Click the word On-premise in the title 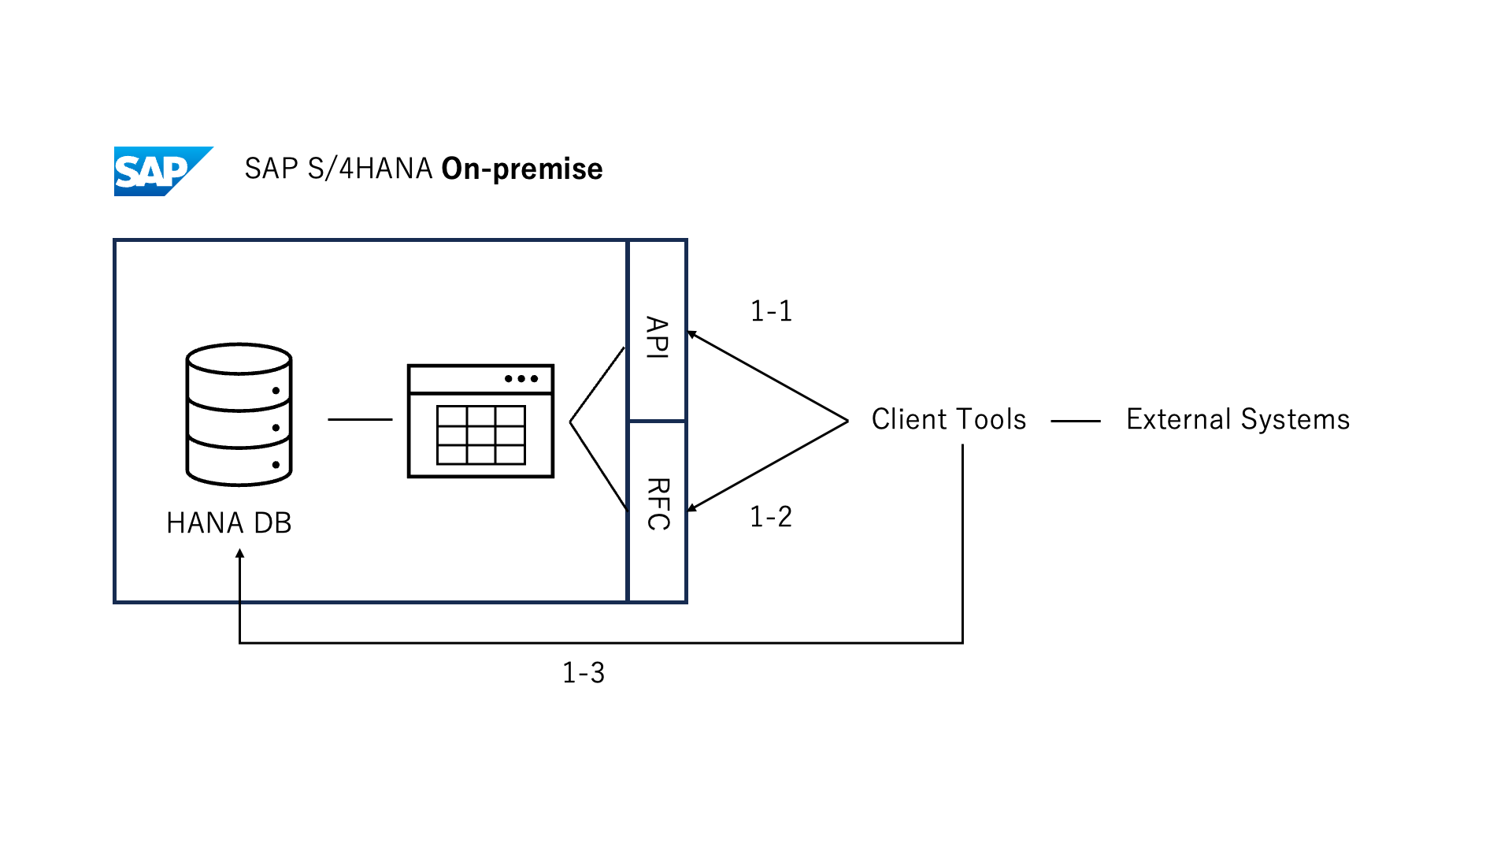click(521, 169)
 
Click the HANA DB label click(229, 523)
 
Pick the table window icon click(480, 421)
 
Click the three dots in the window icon click(521, 379)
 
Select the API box click(658, 331)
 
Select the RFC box click(658, 511)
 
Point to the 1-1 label click(771, 311)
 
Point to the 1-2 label click(770, 517)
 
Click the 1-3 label click(584, 673)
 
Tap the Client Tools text click(948, 419)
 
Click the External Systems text click(1238, 419)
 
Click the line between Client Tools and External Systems click(1076, 422)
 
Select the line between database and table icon click(360, 420)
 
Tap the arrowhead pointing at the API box click(691, 335)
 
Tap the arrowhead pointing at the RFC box click(691, 508)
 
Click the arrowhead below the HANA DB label click(240, 553)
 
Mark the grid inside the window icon click(481, 435)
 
